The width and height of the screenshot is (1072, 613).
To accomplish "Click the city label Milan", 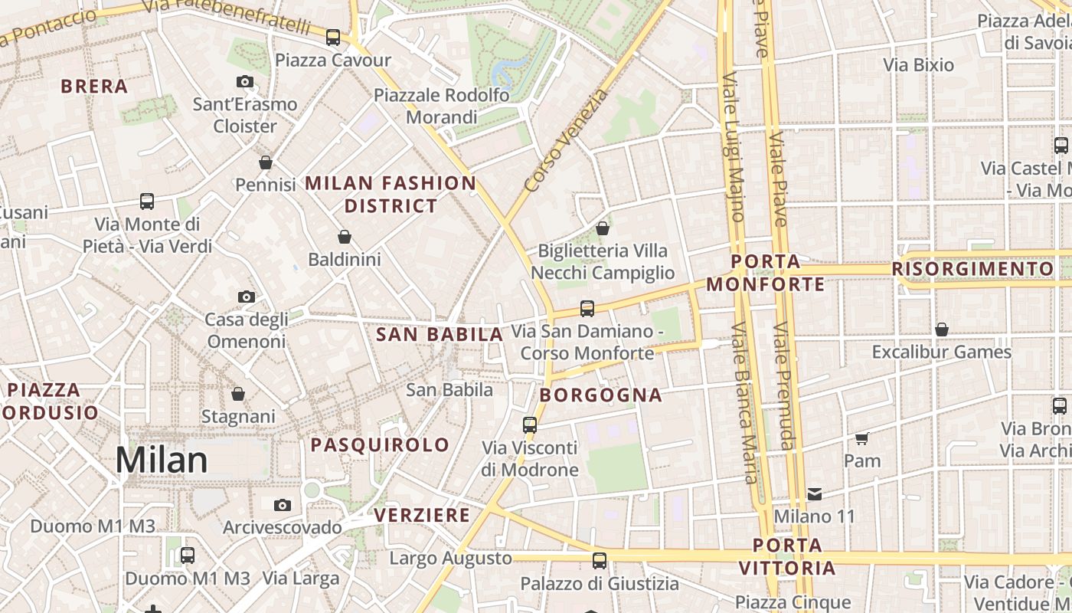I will [x=162, y=461].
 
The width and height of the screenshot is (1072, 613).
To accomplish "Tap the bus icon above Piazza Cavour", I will [x=332, y=37].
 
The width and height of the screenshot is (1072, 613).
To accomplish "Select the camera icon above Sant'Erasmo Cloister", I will [x=245, y=82].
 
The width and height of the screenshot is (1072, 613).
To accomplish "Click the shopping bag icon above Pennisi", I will [x=266, y=162].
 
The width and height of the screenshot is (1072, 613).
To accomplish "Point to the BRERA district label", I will [x=94, y=87].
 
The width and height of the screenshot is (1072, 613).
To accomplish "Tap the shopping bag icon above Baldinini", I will [x=345, y=237].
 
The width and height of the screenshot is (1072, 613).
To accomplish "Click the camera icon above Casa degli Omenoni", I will [x=246, y=297].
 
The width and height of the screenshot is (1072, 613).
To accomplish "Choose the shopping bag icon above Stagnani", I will [x=238, y=394].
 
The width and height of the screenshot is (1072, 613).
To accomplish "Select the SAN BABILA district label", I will [x=440, y=334].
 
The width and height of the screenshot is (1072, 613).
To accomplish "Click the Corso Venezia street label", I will [x=567, y=140].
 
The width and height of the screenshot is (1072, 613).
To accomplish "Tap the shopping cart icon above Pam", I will [x=862, y=438].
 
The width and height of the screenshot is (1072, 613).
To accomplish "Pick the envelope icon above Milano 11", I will [x=814, y=494].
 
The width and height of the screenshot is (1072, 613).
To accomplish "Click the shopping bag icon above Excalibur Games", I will [x=942, y=329].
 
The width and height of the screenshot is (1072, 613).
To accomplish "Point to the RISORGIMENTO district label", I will [x=972, y=269].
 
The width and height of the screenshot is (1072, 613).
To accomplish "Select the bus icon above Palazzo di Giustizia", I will [x=600, y=561].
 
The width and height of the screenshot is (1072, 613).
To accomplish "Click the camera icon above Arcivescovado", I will [x=283, y=505].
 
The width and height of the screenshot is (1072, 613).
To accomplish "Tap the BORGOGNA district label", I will [x=601, y=395].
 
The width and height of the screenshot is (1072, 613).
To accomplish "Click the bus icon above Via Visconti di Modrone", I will [x=530, y=425].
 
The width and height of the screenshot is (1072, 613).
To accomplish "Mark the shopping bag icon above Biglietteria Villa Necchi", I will [x=603, y=228].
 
